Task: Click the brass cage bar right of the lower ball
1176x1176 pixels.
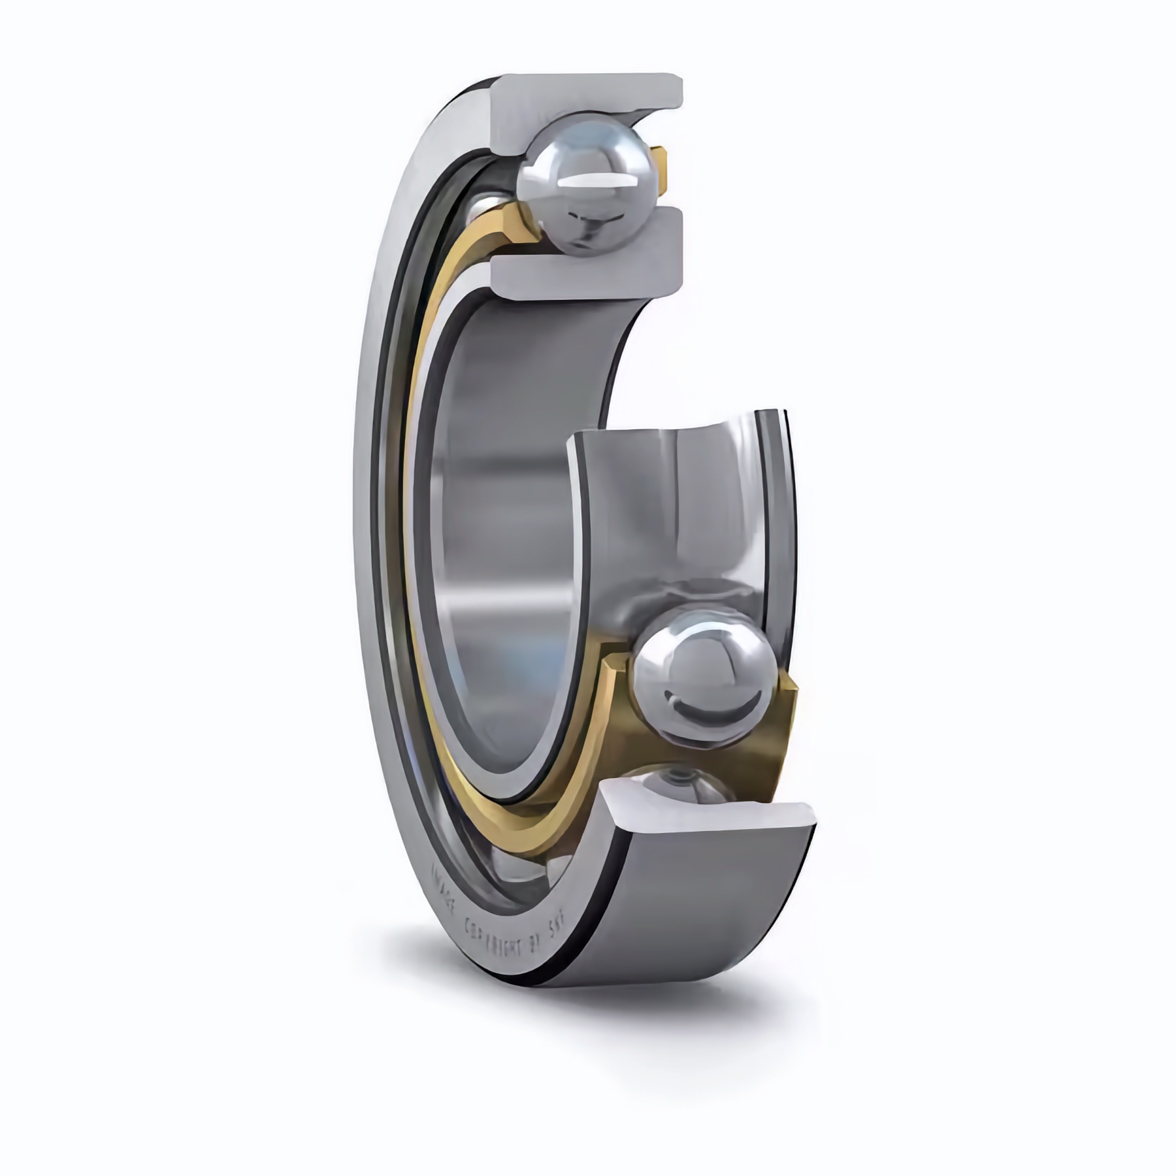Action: [x=784, y=732]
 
